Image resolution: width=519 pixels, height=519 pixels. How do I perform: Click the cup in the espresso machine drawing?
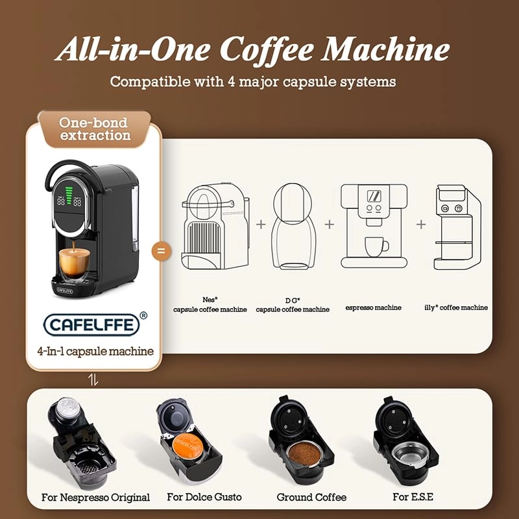pyautogui.click(x=376, y=245)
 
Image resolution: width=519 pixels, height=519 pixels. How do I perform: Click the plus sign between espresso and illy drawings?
pyautogui.click(x=421, y=224)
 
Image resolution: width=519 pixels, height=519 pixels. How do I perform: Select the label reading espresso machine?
pyautogui.click(x=373, y=308)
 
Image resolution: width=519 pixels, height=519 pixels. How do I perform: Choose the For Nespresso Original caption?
pyautogui.click(x=95, y=498)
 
